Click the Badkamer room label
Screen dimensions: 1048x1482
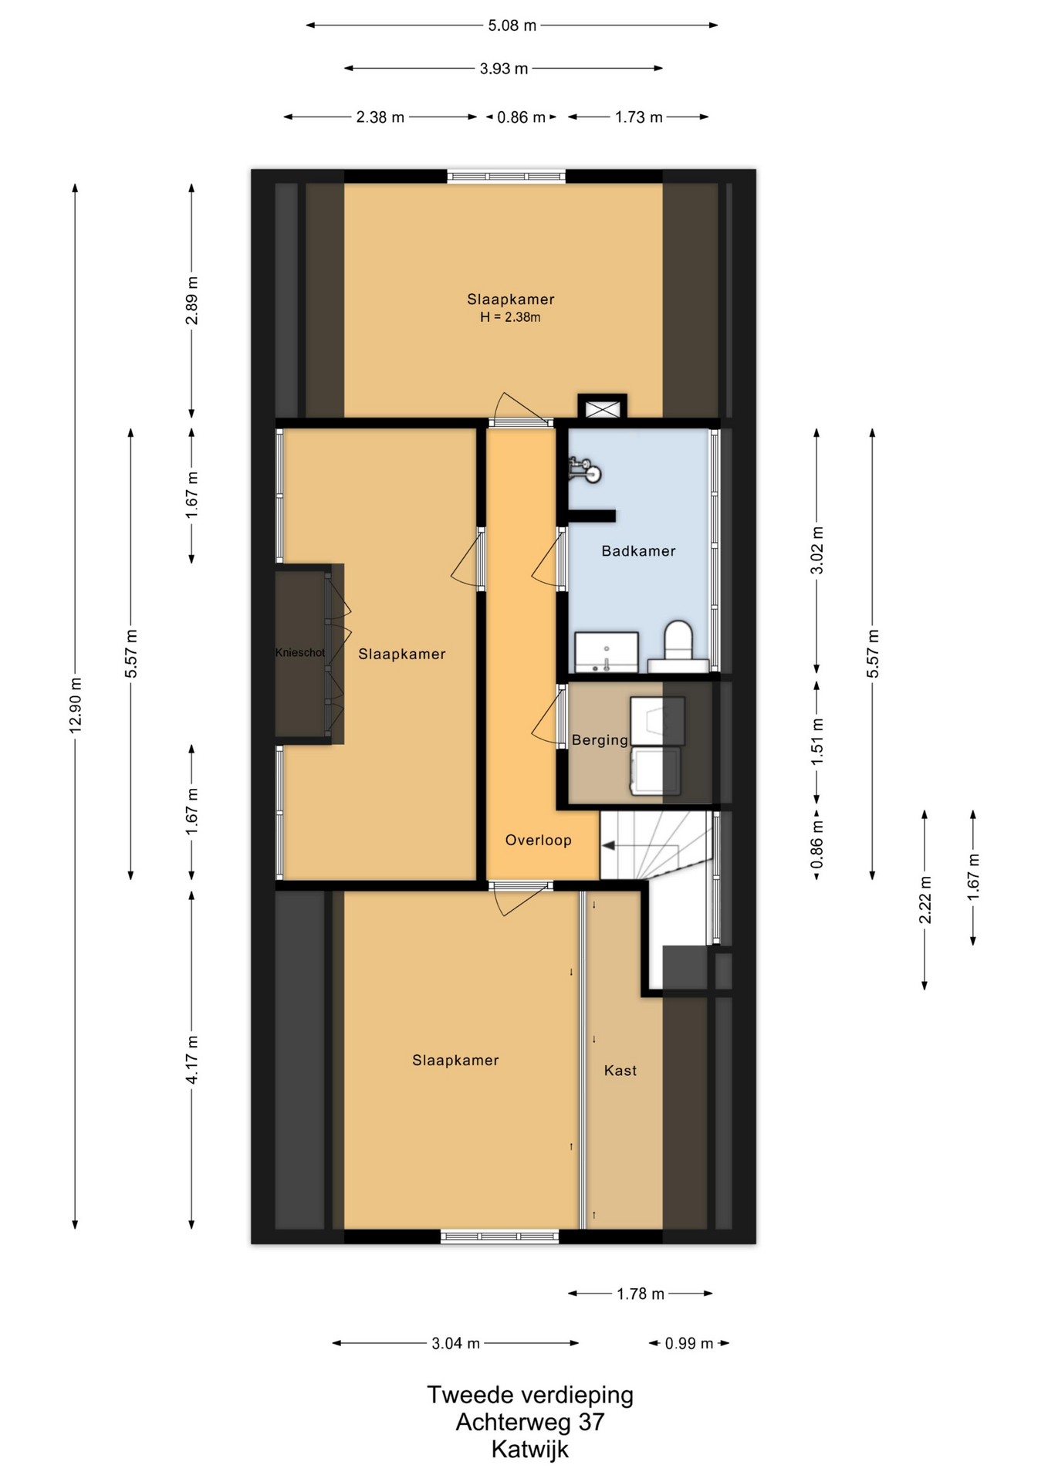tap(638, 551)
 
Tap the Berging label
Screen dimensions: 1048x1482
tap(600, 740)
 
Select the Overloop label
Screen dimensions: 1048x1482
tap(538, 841)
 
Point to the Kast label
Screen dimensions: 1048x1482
tap(620, 1071)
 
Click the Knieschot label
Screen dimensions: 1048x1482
tap(300, 653)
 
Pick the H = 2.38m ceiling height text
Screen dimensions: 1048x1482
tap(510, 317)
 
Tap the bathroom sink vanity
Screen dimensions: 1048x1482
tap(607, 652)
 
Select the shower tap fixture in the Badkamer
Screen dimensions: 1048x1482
tap(584, 470)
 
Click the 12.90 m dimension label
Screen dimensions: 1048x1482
tap(76, 705)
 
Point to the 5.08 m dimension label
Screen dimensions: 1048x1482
tap(512, 25)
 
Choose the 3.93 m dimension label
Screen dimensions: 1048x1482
tap(504, 69)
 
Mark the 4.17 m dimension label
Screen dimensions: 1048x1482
tap(192, 1061)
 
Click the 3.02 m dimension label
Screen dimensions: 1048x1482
tap(817, 550)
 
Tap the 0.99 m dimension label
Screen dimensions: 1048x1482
tap(689, 1344)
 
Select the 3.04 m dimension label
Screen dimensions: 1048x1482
tap(455, 1344)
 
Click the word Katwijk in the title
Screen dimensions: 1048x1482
tap(530, 1449)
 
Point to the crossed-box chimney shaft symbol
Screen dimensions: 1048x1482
tap(603, 408)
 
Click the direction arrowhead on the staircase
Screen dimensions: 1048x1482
tap(608, 846)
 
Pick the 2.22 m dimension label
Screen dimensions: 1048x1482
tap(925, 900)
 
